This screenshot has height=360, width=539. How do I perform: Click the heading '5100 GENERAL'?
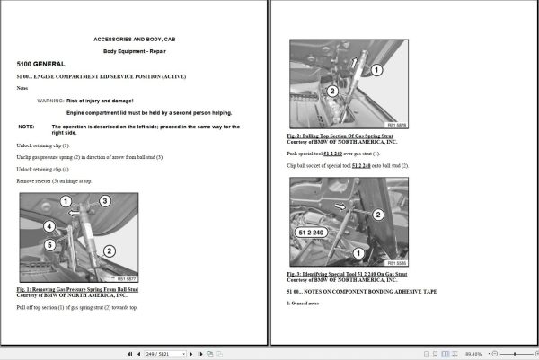[x=41, y=66]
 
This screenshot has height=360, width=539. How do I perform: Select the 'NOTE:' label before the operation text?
[x=27, y=127]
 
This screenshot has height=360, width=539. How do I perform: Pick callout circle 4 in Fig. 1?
[x=50, y=225]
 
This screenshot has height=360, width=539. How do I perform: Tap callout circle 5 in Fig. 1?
[x=50, y=243]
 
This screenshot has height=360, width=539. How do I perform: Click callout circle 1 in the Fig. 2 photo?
[x=376, y=69]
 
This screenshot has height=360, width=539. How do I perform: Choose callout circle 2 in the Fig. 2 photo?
[x=332, y=91]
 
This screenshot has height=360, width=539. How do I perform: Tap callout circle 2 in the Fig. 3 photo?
[x=377, y=215]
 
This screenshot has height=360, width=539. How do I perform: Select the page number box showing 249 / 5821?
[x=163, y=354]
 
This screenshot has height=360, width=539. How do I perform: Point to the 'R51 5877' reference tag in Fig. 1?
[x=124, y=278]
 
